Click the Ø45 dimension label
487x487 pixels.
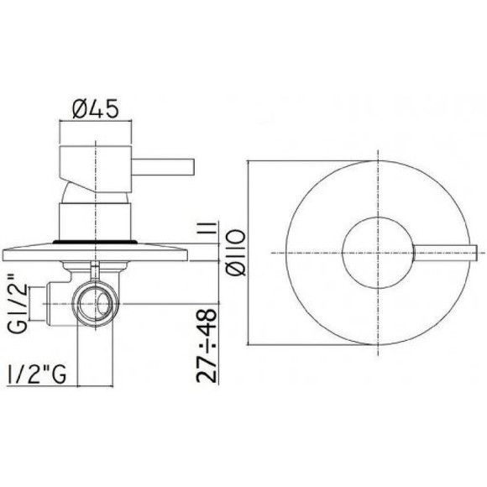coord(93,108)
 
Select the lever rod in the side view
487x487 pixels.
coord(164,160)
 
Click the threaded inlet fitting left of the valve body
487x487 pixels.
coord(46,298)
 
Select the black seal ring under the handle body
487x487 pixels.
coord(95,241)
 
